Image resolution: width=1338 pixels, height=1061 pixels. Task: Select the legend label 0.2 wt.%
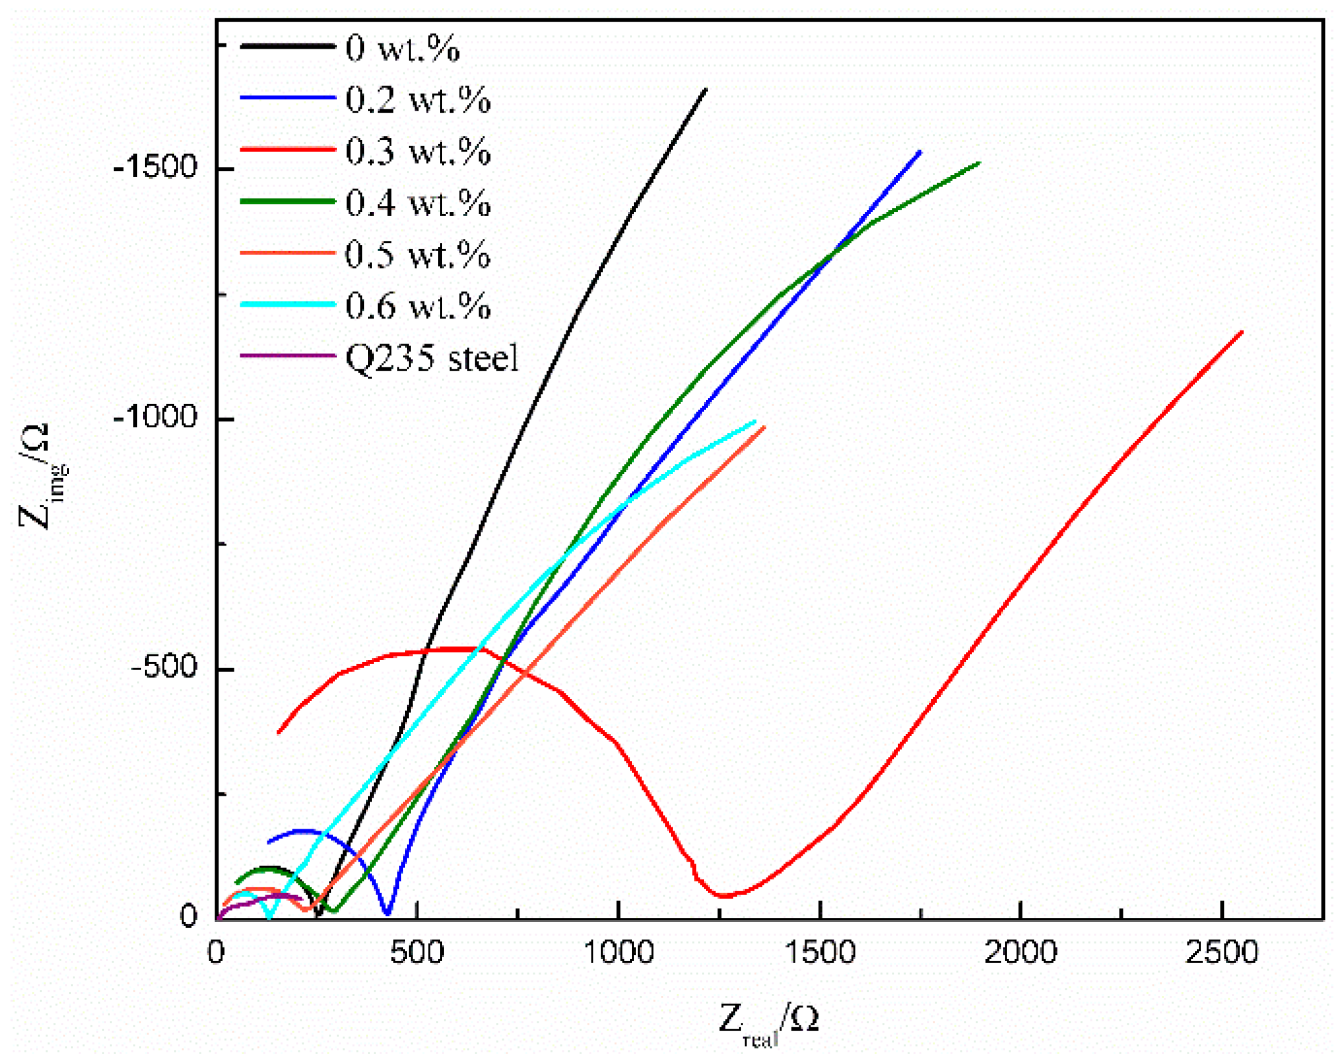point(417,100)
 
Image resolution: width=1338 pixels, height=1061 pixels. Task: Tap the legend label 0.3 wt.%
point(417,151)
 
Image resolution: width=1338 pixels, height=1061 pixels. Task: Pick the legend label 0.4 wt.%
point(417,203)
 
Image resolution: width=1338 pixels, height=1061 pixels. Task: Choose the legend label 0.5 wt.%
point(417,255)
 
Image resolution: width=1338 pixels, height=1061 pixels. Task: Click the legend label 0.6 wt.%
point(417,306)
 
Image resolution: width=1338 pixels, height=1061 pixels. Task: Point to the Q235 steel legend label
point(432,358)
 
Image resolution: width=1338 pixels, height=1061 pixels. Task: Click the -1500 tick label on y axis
point(155,168)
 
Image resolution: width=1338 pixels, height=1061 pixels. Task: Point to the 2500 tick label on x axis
point(1222,952)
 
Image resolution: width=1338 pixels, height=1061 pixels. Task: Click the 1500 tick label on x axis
point(820,952)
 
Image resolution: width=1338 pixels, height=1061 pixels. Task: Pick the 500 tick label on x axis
point(416,952)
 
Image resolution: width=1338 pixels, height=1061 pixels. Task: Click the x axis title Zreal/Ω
point(768,1020)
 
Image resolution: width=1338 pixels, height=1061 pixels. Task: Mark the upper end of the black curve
point(705,90)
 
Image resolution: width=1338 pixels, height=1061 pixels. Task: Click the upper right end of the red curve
point(1242,332)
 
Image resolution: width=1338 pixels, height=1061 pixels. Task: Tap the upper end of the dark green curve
point(978,163)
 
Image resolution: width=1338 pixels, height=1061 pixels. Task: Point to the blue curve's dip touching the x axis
point(387,912)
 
